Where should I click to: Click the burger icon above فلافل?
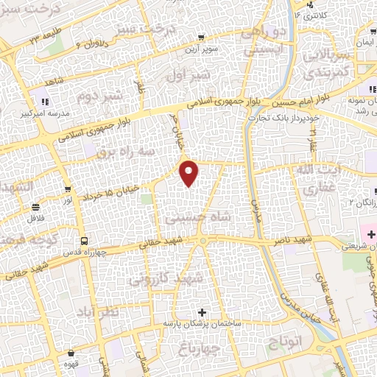(36, 208)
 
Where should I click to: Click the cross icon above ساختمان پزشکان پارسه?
(202, 312)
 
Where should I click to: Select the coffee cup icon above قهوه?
(71, 354)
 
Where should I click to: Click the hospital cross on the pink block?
(370, 235)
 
